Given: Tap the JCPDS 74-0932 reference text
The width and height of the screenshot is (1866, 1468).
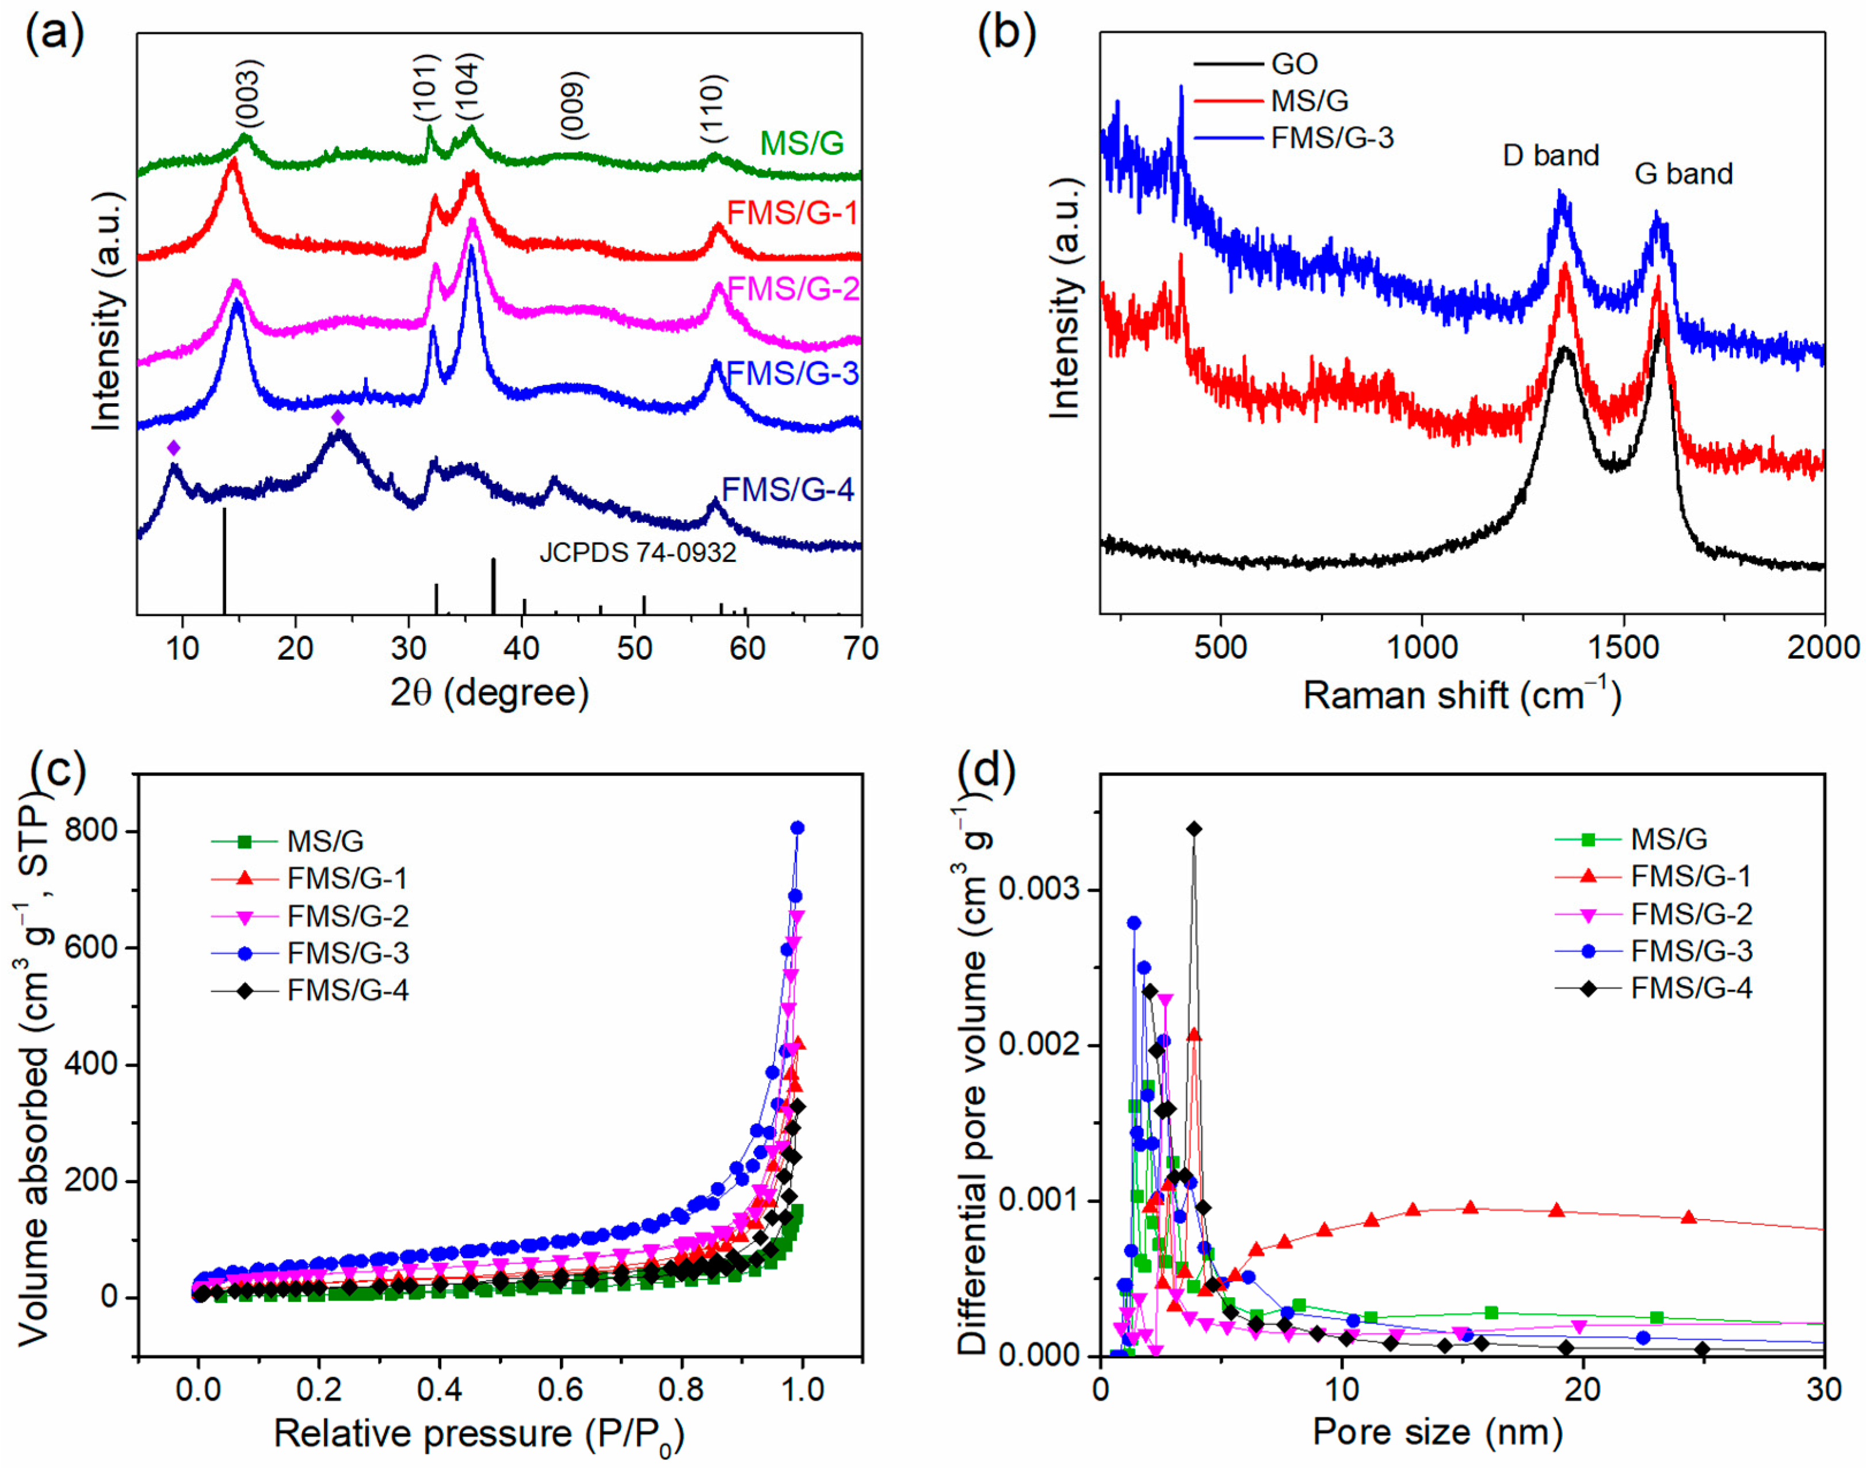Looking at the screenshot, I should coord(638,553).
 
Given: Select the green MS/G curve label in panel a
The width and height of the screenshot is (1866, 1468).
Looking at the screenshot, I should coord(802,143).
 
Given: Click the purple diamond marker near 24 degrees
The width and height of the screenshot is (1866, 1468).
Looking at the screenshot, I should coord(338,418).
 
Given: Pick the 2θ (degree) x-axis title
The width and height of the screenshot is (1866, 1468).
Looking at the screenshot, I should coord(490,692).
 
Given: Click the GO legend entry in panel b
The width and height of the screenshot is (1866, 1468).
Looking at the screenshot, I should coord(1293,64).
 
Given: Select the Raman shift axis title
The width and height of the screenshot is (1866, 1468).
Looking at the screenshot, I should coord(1461,694).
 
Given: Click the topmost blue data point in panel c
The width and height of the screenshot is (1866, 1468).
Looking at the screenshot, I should coord(797,828).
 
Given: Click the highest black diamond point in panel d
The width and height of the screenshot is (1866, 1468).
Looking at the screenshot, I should coord(1194,828).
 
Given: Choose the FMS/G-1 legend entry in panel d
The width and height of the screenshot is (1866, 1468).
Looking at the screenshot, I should coord(1690,876).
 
